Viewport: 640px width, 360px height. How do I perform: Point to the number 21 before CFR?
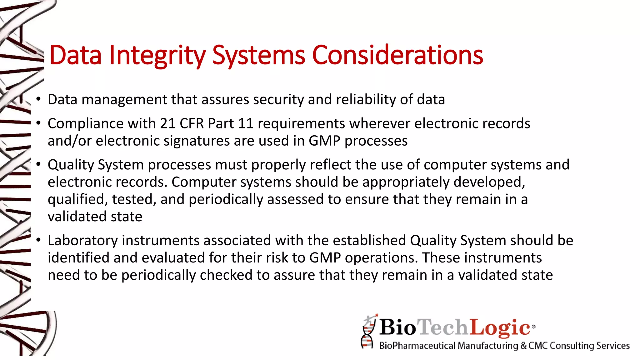[x=168, y=123]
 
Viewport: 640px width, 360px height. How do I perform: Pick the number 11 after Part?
[x=245, y=123]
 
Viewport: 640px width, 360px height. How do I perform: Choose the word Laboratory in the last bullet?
[x=82, y=241]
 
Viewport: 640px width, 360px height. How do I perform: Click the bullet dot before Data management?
[x=38, y=100]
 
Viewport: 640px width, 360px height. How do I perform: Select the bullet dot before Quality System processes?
[x=38, y=165]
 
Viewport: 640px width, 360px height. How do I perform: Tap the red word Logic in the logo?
[x=500, y=327]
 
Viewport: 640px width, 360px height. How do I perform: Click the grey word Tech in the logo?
[x=443, y=327]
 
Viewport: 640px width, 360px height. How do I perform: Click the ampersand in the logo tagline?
[x=523, y=346]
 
